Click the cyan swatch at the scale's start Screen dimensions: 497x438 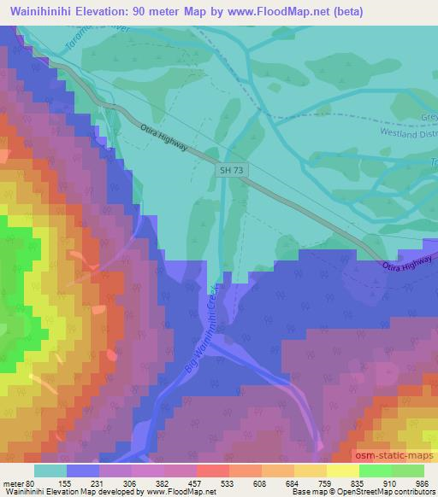[50, 471]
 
